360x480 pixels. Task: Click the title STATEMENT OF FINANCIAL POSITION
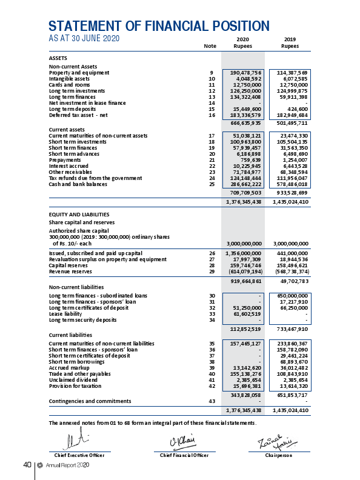pyautogui.click(x=159, y=26)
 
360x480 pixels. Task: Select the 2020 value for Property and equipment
pyautogui.click(x=244, y=72)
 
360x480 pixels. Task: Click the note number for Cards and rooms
pyautogui.click(x=212, y=84)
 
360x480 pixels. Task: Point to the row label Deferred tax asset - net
pyautogui.click(x=78, y=114)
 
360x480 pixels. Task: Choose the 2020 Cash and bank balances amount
pyautogui.click(x=244, y=184)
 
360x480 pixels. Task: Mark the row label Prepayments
pyautogui.click(x=64, y=161)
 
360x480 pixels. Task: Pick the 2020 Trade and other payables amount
pyautogui.click(x=244, y=374)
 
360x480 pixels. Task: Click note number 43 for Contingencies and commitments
pyautogui.click(x=212, y=401)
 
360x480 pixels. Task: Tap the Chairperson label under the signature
pyautogui.click(x=279, y=454)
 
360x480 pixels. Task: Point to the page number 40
pyautogui.click(x=27, y=465)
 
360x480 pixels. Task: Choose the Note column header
pyautogui.click(x=210, y=45)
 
